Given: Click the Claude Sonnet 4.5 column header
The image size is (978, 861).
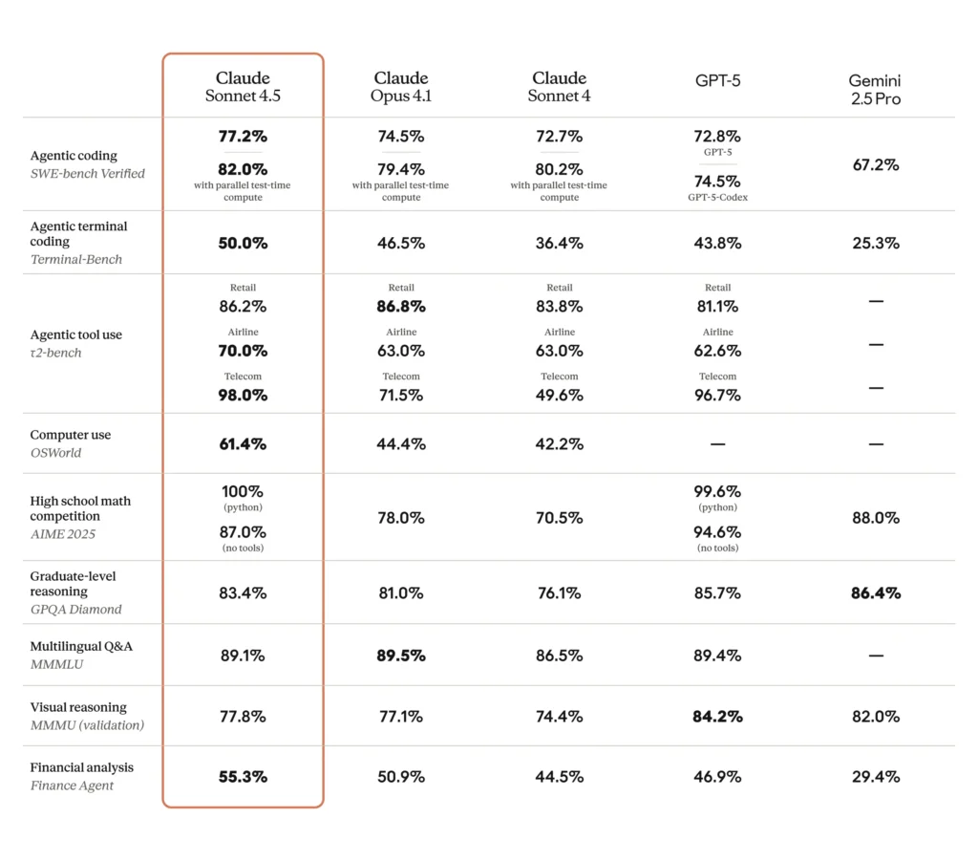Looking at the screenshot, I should (x=243, y=87).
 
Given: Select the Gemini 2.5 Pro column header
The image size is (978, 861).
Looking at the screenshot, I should (x=875, y=90).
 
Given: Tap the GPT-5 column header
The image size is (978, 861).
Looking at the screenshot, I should (x=717, y=80).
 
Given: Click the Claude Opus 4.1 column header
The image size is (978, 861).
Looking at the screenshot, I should (x=401, y=87).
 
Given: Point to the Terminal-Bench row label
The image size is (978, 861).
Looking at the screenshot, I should (x=76, y=259).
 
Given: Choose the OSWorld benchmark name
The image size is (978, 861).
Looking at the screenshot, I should (x=55, y=453).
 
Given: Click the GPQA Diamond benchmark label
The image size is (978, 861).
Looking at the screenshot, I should (x=75, y=609).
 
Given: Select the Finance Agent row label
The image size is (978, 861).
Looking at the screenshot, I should (x=72, y=786).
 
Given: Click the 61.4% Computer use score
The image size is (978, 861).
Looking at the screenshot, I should (x=243, y=443).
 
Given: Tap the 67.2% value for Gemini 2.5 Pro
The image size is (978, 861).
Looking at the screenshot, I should (x=875, y=164).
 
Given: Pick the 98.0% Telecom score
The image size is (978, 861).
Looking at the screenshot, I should (x=243, y=395).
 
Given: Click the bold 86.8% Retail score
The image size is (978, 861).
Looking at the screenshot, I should (x=401, y=307).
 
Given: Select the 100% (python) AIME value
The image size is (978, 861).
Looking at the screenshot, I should (x=243, y=492).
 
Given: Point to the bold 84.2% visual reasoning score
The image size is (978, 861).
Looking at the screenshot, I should (x=717, y=716).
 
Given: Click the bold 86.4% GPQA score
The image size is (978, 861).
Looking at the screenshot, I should (x=875, y=592).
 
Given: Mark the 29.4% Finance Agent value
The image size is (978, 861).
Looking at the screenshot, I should (x=875, y=776).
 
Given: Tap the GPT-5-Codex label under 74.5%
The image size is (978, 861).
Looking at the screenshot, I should (x=717, y=198).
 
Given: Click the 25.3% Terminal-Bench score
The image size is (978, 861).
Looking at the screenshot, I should (x=875, y=243).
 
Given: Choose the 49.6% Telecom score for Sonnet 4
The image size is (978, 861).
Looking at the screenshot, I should (x=559, y=395).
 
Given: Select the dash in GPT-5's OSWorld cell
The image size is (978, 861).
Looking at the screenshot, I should (x=717, y=444).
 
